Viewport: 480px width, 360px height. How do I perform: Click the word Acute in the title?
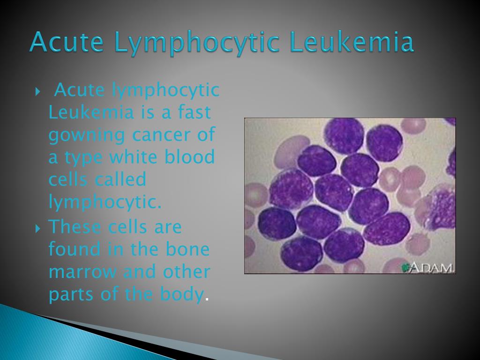[67, 42]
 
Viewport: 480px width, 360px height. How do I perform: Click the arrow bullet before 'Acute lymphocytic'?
[37, 91]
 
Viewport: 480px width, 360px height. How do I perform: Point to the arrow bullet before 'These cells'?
[37, 228]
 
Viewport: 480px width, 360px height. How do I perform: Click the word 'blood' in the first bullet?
[189, 157]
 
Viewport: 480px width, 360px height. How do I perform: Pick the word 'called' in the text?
[120, 179]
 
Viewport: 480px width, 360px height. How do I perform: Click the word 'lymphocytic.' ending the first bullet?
[105, 202]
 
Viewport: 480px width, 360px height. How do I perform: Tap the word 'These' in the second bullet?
[75, 227]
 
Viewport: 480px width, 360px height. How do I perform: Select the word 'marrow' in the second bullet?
[82, 272]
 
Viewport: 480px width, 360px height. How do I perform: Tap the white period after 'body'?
[207, 300]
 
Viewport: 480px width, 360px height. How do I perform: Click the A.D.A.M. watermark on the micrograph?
[428, 268]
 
